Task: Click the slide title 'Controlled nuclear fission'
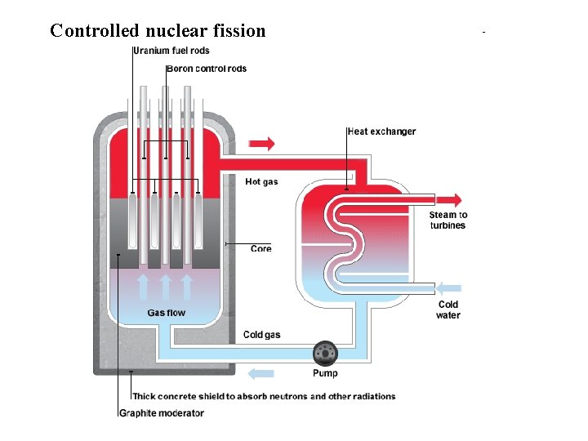(x=158, y=31)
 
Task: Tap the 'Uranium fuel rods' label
(x=171, y=51)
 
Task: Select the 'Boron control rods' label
(x=207, y=69)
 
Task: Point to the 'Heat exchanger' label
(x=381, y=131)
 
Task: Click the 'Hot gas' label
(x=261, y=181)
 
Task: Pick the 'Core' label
(x=261, y=248)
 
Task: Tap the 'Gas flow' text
(x=166, y=313)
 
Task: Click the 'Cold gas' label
(x=261, y=335)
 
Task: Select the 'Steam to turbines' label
(x=448, y=220)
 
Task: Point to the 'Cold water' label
(x=448, y=310)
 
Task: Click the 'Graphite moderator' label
(x=162, y=413)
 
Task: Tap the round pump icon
(x=325, y=354)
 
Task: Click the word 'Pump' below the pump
(x=325, y=373)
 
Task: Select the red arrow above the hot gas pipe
(x=261, y=145)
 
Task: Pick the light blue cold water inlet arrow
(x=448, y=287)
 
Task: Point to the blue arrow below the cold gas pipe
(x=261, y=373)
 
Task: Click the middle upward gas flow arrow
(x=166, y=287)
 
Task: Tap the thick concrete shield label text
(x=264, y=396)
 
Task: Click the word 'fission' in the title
(x=238, y=31)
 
